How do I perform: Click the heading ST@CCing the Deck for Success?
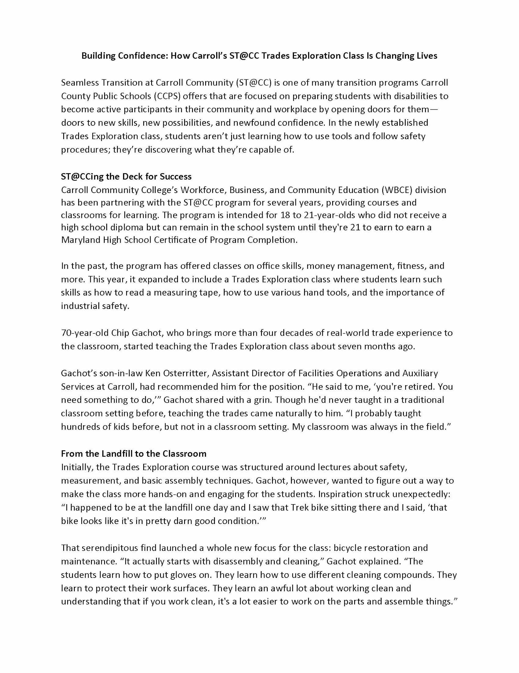[126, 177]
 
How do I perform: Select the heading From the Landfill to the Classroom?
[134, 453]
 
